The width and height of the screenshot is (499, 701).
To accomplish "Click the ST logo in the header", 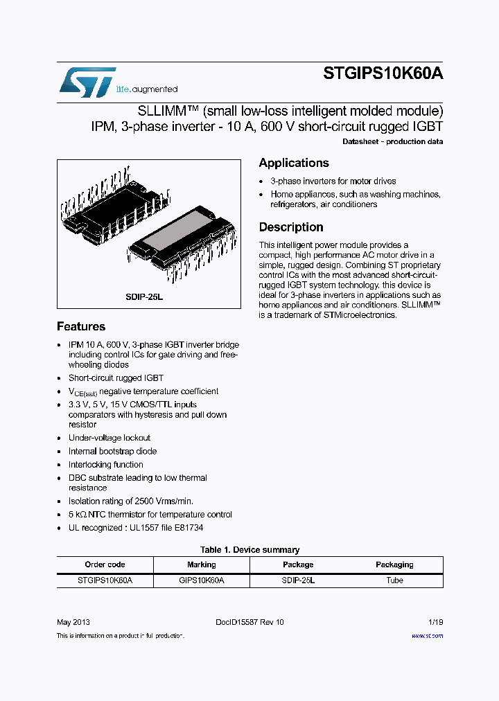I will [x=87, y=82].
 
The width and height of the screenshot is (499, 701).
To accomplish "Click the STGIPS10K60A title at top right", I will [x=383, y=74].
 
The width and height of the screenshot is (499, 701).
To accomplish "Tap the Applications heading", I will [x=294, y=163].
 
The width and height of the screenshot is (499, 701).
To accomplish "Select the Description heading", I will [x=291, y=227].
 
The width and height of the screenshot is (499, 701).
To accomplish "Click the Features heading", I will [x=81, y=326].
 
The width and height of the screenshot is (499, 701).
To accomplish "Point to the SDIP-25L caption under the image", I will [x=144, y=296].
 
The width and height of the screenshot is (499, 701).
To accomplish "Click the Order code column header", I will [x=105, y=565].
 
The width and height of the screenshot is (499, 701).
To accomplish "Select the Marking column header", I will [x=202, y=565].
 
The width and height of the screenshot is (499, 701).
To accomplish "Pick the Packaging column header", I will [x=394, y=565].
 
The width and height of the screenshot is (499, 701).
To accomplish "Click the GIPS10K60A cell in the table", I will [x=202, y=580].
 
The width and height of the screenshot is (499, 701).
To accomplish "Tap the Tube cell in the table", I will [x=394, y=580].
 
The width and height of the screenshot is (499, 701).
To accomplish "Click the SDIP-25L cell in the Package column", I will [x=298, y=580].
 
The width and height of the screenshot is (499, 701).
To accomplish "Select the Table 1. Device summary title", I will [x=249, y=550].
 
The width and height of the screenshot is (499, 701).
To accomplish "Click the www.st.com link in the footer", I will [x=427, y=635].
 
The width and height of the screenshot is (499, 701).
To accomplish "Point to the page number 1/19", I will [x=435, y=622].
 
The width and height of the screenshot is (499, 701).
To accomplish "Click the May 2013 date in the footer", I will [x=73, y=622].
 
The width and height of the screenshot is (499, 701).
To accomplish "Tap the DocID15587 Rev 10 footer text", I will [x=249, y=622].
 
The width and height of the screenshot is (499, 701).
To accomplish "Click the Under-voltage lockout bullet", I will [x=109, y=438].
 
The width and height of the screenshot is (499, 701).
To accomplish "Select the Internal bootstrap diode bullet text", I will [x=112, y=451].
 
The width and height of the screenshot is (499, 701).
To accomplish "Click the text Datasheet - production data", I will [x=392, y=141].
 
